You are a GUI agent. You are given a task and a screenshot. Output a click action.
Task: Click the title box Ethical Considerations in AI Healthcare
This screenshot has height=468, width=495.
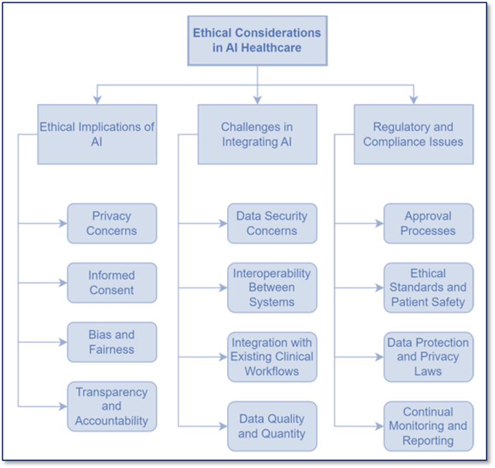point(258,40)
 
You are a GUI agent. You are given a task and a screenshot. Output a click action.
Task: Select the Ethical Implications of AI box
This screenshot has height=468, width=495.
point(97,134)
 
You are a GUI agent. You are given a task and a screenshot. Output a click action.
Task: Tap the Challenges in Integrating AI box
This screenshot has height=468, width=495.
point(257,134)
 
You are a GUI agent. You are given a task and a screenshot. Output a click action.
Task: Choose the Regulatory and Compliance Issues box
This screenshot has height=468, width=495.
point(413,134)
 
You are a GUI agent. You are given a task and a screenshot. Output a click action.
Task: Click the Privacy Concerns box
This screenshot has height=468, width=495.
point(112,223)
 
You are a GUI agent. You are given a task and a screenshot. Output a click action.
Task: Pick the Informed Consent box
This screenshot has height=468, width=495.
point(112,283)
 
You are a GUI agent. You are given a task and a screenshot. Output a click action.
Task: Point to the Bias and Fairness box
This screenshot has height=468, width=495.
point(112,342)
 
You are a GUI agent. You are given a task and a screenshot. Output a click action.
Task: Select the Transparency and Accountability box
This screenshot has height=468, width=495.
point(112,406)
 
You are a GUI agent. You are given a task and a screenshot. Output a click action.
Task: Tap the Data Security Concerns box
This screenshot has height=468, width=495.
point(272,223)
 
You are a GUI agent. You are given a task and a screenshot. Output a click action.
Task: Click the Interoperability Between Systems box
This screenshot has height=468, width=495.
point(272,288)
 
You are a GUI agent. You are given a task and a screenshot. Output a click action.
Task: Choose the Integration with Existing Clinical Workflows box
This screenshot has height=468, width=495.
point(272,357)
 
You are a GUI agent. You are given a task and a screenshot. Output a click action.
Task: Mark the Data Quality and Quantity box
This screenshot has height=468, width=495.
point(272,426)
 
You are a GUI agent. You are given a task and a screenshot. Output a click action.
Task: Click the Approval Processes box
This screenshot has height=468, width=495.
point(428,223)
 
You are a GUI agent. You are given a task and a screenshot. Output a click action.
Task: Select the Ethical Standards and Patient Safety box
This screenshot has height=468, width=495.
point(428,288)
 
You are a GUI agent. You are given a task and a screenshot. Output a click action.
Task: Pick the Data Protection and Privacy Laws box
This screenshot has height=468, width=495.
point(428,357)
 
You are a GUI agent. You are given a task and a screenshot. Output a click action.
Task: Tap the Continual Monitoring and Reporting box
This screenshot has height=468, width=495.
point(428,426)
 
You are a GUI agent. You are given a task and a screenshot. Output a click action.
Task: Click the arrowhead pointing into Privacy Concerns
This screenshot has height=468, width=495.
point(63,223)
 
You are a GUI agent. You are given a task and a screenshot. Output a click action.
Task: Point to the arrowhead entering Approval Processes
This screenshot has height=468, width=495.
point(380,223)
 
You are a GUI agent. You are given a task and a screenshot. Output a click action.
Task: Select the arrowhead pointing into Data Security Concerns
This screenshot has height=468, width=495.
point(224,223)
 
